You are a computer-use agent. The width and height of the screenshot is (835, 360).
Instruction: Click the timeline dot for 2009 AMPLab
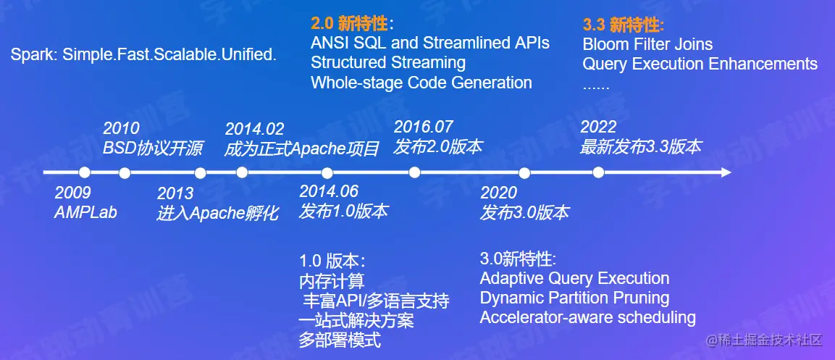84,172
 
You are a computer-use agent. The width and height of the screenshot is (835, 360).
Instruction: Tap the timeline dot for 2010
125,172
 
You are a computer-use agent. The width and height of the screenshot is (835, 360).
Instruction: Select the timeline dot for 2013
200,172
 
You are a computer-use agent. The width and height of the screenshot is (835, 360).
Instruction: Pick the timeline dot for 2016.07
414,172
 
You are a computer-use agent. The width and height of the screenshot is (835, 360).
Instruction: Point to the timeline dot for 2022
598,172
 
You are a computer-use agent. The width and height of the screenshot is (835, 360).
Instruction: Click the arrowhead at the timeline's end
726,172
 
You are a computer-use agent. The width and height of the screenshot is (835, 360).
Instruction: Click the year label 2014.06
329,192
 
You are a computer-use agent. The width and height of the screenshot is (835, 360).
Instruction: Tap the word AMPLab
85,212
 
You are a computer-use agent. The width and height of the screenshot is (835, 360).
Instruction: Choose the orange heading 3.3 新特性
623,25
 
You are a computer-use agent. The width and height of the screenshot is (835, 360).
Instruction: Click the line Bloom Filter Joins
647,43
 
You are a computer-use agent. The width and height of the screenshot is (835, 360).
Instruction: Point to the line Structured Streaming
388,62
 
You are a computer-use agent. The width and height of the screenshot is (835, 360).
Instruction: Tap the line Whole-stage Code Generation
421,83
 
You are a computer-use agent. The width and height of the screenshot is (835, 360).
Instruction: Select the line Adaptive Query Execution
574,278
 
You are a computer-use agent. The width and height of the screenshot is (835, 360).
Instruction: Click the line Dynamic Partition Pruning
574,298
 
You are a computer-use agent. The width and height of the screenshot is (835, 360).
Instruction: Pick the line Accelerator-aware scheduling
588,317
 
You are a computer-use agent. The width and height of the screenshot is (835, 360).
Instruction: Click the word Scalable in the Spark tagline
182,55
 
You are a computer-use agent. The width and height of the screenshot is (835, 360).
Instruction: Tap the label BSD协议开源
153,148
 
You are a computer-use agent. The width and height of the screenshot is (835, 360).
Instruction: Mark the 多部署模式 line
340,340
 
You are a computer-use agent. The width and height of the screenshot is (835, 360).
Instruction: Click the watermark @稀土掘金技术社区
765,340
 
